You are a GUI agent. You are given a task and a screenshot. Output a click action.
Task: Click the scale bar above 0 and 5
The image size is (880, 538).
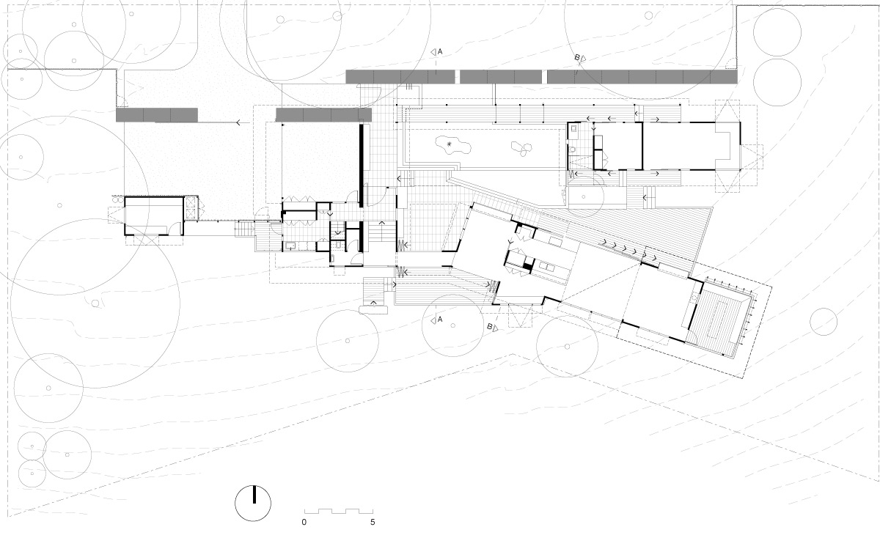(x=339, y=511)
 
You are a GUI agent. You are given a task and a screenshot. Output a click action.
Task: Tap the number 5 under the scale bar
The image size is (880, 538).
(x=373, y=523)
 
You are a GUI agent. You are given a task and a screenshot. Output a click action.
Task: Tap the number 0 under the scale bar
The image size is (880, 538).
(x=304, y=523)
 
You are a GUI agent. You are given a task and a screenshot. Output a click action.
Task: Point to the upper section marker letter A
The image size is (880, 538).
(x=440, y=51)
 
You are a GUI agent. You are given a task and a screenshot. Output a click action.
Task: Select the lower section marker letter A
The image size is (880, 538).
(x=440, y=320)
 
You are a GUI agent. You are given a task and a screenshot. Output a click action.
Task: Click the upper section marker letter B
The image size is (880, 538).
(x=577, y=57)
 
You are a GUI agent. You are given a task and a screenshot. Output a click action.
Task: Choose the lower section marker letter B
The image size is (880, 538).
(x=490, y=326)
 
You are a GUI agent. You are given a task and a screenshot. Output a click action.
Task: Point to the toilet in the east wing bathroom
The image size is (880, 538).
(x=573, y=150)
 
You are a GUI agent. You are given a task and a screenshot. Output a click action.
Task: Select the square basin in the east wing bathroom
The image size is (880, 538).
(x=573, y=128)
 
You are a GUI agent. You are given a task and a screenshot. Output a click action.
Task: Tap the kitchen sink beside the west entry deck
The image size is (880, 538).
(x=290, y=246)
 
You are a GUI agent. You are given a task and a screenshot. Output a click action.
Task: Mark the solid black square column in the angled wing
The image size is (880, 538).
(x=527, y=266)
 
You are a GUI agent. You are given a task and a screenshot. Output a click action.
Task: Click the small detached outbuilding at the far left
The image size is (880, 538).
(x=154, y=216)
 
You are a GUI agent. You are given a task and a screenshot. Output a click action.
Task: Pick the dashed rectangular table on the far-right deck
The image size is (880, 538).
(x=722, y=319)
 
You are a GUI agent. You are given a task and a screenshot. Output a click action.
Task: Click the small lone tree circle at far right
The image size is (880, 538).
(x=824, y=322)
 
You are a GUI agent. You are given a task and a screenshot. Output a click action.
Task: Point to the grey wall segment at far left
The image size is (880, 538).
(x=157, y=115)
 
